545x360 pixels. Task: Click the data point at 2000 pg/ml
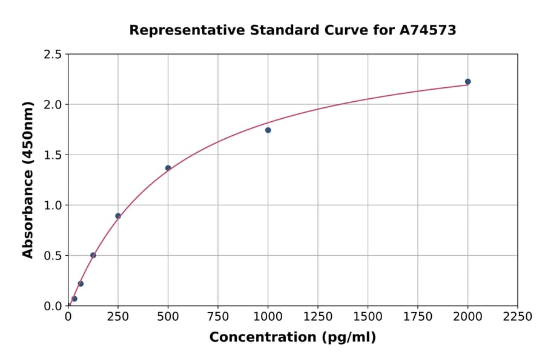467,82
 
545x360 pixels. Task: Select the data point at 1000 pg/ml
268,130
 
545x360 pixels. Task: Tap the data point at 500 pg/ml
168,168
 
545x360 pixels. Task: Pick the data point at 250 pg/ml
118,216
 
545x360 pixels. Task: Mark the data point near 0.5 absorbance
93,255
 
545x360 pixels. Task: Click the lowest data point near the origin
74,299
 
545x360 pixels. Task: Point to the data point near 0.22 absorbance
81,284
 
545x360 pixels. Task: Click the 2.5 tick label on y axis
53,55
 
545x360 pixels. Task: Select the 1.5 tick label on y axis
53,155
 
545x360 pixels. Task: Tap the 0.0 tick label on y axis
53,306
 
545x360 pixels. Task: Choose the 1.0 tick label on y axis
53,205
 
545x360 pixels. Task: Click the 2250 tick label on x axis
517,317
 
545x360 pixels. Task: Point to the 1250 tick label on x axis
317,317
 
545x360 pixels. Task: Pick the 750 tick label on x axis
218,317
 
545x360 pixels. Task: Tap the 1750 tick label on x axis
417,317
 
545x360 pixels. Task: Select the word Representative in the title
181,30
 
